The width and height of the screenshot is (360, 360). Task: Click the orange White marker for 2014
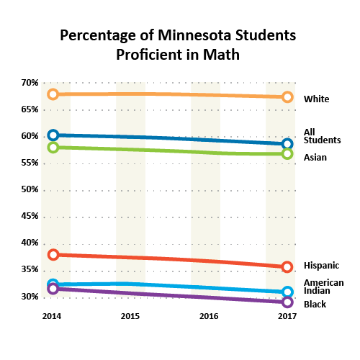pyautogui.click(x=53, y=94)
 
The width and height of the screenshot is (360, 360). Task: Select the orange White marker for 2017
pyautogui.click(x=287, y=97)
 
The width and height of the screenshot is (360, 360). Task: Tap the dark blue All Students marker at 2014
pyautogui.click(x=53, y=135)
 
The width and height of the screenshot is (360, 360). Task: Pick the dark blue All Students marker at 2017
pyautogui.click(x=287, y=144)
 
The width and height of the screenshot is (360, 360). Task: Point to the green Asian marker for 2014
pyautogui.click(x=53, y=147)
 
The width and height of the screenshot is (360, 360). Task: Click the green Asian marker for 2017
pyautogui.click(x=287, y=153)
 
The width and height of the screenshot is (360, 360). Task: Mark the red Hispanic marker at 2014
pyautogui.click(x=53, y=254)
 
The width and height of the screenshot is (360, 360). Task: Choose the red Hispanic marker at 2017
pyautogui.click(x=287, y=267)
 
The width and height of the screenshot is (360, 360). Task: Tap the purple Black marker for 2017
pyautogui.click(x=287, y=302)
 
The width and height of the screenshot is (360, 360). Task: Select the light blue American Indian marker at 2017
pyautogui.click(x=287, y=292)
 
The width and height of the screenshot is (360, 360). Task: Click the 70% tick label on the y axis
pyautogui.click(x=30, y=83)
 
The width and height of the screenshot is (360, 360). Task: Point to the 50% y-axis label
pyautogui.click(x=30, y=189)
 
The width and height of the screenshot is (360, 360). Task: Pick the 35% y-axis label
pyautogui.click(x=30, y=269)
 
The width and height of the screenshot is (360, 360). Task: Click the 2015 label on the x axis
pyautogui.click(x=130, y=316)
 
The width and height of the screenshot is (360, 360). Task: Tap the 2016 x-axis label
pyautogui.click(x=209, y=316)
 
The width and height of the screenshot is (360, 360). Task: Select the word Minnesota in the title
pyautogui.click(x=194, y=35)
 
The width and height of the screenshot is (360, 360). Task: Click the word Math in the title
pyautogui.click(x=221, y=55)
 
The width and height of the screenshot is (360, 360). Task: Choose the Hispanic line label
pyautogui.click(x=321, y=266)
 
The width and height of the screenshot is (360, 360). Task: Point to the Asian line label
pyautogui.click(x=315, y=158)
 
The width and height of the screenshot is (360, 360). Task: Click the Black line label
pyautogui.click(x=315, y=305)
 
